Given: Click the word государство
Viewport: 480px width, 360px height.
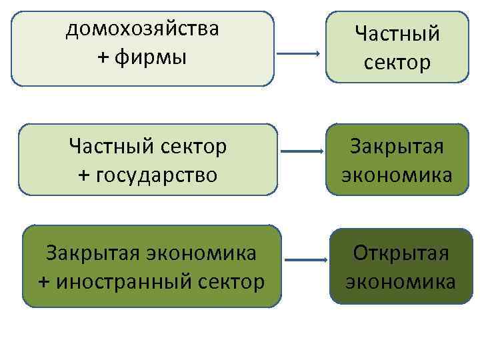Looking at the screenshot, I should point(157,175).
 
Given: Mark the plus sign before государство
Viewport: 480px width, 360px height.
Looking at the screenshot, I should point(84,175).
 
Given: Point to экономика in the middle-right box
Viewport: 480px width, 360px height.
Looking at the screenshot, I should point(397,175).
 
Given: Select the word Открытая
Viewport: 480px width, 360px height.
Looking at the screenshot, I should point(400,254).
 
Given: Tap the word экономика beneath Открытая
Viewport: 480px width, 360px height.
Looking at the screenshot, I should point(400,281).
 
